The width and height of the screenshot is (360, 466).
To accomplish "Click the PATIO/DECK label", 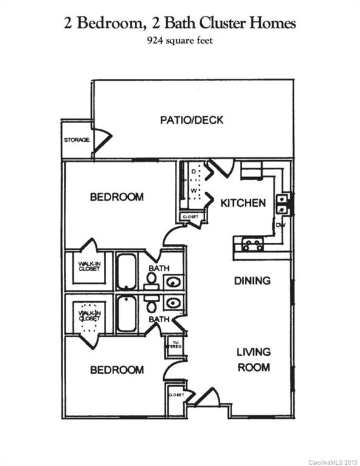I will click(x=191, y=120).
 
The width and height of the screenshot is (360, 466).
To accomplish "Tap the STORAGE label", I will click(x=76, y=140).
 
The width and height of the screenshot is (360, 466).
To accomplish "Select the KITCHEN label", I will click(x=243, y=203).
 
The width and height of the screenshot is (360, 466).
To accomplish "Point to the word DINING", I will click(x=252, y=280).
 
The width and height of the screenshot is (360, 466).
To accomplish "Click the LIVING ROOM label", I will click(x=253, y=359).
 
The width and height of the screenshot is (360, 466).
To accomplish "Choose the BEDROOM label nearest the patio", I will click(x=117, y=197).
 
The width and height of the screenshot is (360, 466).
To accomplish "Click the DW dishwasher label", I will click(x=280, y=225).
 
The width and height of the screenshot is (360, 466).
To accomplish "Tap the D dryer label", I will click(x=194, y=172).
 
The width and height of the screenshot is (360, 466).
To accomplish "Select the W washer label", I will click(x=194, y=191).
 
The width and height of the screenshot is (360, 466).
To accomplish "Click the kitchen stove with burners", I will click(x=252, y=245).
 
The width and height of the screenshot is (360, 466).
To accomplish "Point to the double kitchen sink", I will click(x=282, y=204).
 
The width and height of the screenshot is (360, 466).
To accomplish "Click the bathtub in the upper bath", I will click(x=126, y=271).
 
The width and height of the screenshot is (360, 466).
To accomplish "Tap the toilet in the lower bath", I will click(x=151, y=305).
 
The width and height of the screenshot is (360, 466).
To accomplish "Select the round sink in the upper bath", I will click(x=172, y=282).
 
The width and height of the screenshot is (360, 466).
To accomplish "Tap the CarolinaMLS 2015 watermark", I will click(x=333, y=462).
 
